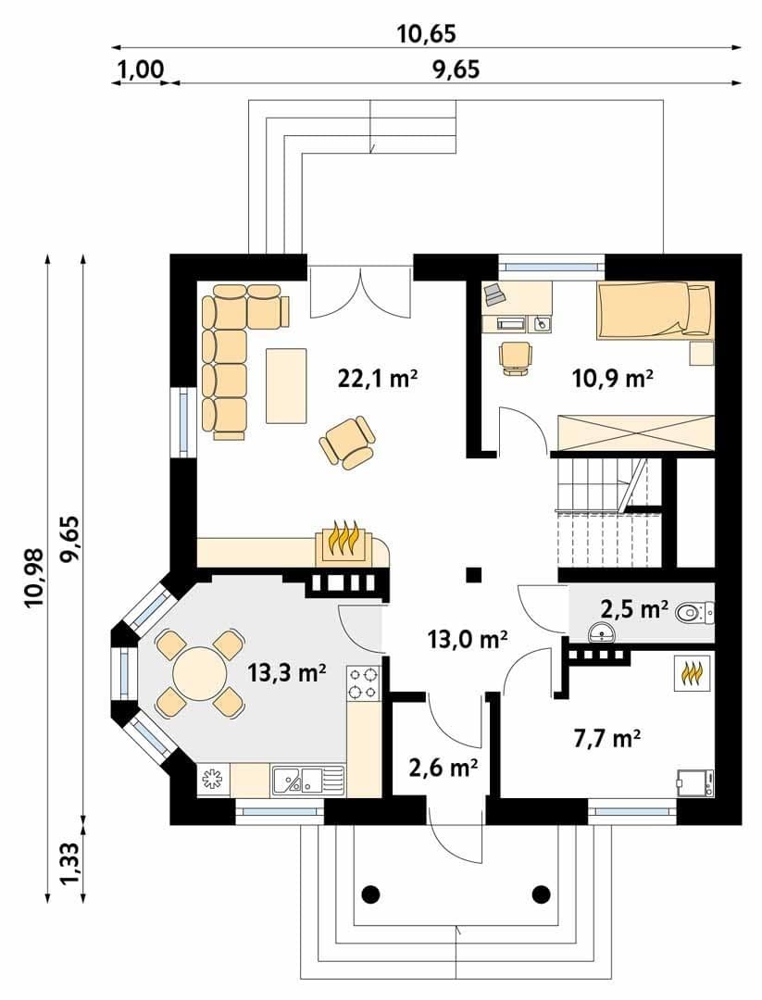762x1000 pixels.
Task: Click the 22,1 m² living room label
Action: [377, 380]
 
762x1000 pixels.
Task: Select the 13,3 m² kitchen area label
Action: [287, 672]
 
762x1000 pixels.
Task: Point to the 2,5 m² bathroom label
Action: [634, 609]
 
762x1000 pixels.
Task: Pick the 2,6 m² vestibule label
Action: [443, 769]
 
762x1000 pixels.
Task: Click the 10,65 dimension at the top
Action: [427, 33]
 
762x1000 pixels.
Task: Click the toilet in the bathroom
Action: [695, 613]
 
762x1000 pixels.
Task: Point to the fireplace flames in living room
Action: [345, 540]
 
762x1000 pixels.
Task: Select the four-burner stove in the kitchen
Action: [364, 682]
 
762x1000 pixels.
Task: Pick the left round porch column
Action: [372, 893]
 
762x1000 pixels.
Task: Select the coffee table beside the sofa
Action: [286, 385]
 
